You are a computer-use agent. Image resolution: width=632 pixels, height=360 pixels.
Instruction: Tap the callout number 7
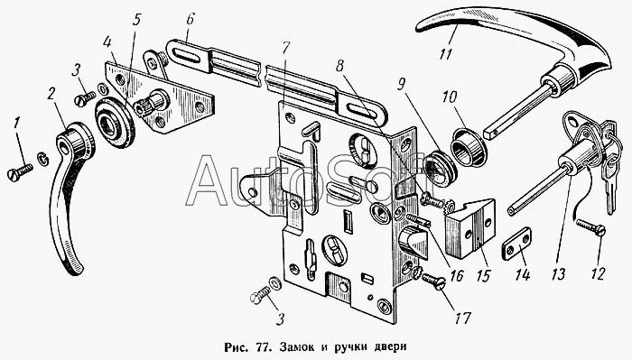coord(285,48)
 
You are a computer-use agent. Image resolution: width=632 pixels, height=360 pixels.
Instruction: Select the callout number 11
coord(445,53)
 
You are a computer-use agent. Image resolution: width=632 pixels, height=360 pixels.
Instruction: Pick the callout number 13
coord(558,274)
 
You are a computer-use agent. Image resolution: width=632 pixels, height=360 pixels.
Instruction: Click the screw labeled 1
coord(20,172)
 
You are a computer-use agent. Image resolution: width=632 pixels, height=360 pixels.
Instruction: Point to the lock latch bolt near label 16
coord(414,243)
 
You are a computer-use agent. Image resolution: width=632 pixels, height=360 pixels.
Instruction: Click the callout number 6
coord(190,20)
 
